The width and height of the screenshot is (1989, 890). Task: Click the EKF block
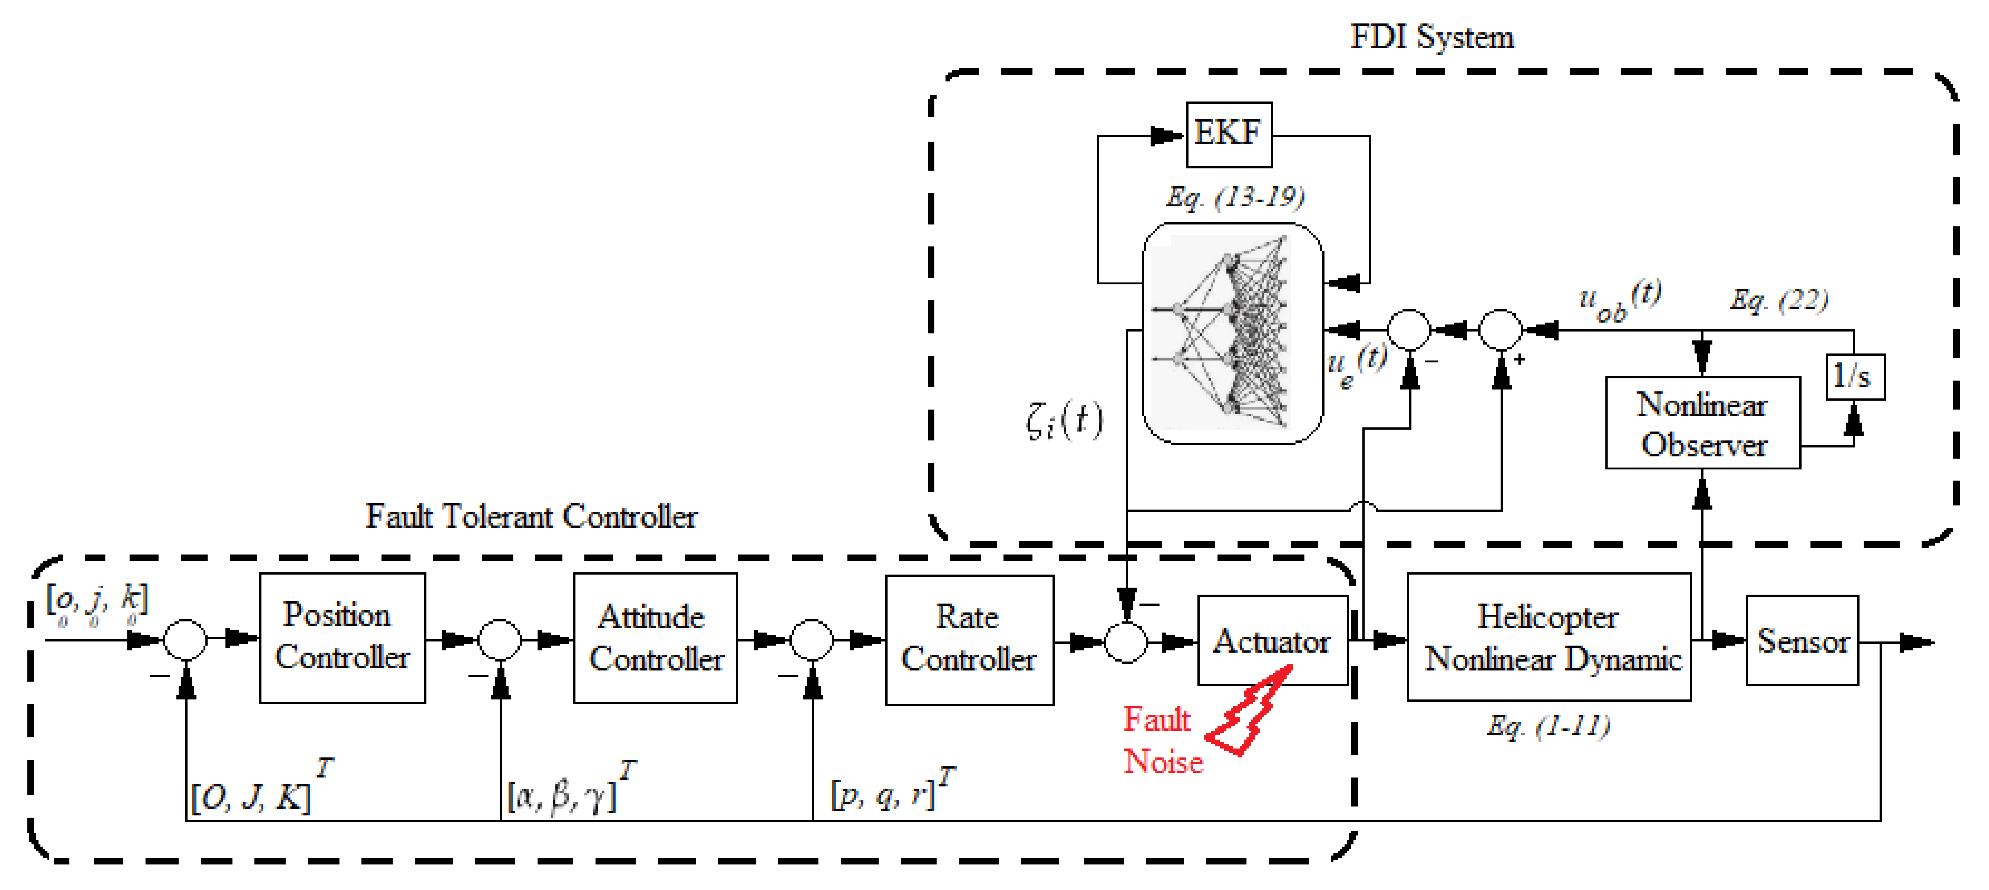[x=1229, y=135]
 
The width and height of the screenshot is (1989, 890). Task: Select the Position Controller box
[x=342, y=637]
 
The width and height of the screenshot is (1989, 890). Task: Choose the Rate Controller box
[x=969, y=639]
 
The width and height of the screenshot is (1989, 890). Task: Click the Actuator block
[x=1271, y=640]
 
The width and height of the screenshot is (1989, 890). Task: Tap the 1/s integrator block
[x=1854, y=377]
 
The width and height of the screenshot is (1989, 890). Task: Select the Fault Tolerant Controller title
[x=531, y=516]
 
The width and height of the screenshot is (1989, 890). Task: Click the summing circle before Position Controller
[x=185, y=640]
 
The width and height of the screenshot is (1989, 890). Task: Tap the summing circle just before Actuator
[x=1126, y=641]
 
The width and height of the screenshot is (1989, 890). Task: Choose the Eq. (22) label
[x=1778, y=300]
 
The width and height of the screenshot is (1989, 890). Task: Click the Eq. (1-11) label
[x=1548, y=726]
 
